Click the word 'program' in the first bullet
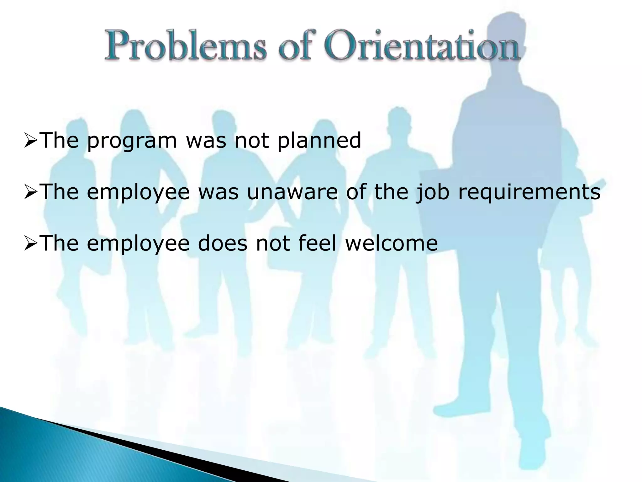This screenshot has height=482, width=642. [132, 141]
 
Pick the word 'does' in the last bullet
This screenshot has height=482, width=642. [223, 243]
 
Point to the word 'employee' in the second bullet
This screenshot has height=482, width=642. [138, 193]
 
